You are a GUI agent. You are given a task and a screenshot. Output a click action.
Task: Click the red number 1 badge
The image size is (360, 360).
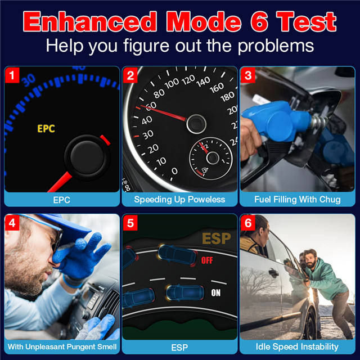[x=12, y=75]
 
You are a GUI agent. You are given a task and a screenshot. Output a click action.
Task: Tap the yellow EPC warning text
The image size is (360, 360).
[x=46, y=129]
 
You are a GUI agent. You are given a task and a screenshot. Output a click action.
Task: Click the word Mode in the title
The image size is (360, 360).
[x=204, y=22]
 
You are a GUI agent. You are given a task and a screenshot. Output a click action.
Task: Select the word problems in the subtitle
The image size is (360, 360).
[x=276, y=46]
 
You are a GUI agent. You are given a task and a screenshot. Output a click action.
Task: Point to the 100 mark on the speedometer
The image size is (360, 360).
[x=172, y=83]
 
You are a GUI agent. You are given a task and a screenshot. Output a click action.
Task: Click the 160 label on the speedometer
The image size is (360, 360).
[x=217, y=88]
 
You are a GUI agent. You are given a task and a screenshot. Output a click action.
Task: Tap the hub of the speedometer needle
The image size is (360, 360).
[x=196, y=124]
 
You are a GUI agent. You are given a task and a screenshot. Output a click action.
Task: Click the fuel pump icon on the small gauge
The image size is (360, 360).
[x=205, y=170]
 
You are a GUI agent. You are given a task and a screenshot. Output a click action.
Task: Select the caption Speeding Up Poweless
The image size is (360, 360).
[x=179, y=200]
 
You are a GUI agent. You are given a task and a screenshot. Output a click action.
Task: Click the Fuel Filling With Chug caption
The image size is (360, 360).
[x=298, y=200]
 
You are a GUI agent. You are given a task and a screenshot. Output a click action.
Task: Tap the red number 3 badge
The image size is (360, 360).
[x=248, y=75]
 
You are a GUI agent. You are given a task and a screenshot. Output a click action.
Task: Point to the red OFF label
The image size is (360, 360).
[x=207, y=260]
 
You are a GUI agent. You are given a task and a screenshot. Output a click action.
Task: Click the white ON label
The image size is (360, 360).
[x=216, y=292]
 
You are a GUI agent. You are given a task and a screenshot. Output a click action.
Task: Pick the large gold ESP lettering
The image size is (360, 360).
[x=216, y=238]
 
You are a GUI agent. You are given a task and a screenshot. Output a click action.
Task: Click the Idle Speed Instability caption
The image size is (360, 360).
[x=297, y=346]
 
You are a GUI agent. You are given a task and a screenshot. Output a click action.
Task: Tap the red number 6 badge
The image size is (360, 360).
[x=248, y=223]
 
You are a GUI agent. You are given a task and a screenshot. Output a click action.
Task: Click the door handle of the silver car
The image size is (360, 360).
[x=274, y=272]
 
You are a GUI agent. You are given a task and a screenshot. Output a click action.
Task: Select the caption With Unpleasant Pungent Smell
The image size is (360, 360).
[x=62, y=346]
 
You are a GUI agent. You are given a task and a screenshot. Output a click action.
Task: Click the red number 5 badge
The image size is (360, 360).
[x=130, y=223]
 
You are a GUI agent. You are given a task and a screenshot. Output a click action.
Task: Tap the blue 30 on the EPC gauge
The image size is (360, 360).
[x=29, y=80]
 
